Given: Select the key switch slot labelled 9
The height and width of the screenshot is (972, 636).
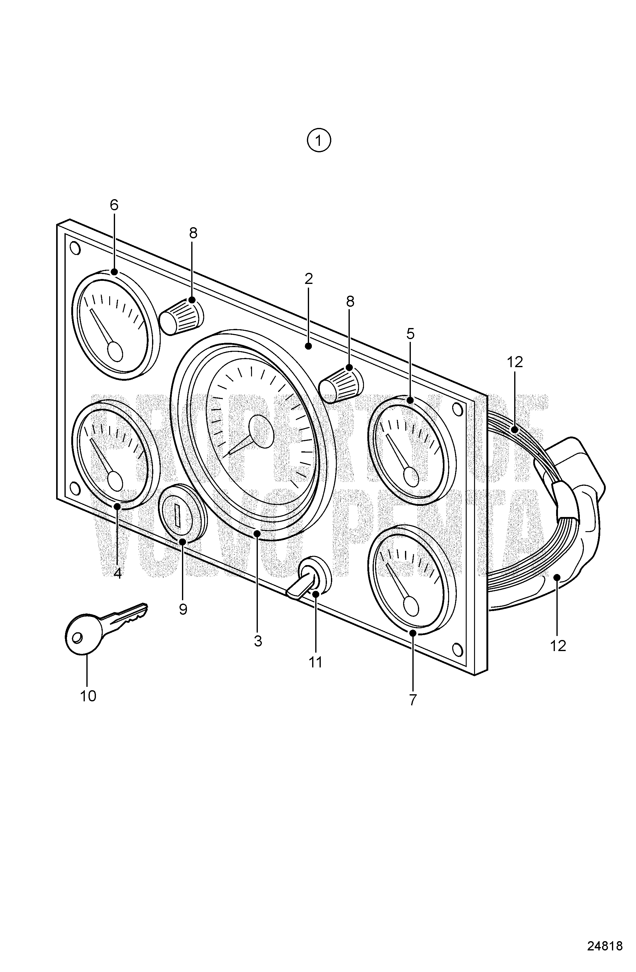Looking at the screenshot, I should coord(178,515).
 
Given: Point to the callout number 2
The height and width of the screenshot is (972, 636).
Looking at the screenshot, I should coord(309,279).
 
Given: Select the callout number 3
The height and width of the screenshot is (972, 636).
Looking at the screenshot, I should coord(258,642).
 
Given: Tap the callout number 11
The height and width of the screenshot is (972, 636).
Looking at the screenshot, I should coord(315,662).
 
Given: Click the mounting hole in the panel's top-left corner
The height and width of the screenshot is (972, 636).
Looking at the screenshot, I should coord(75,248).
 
